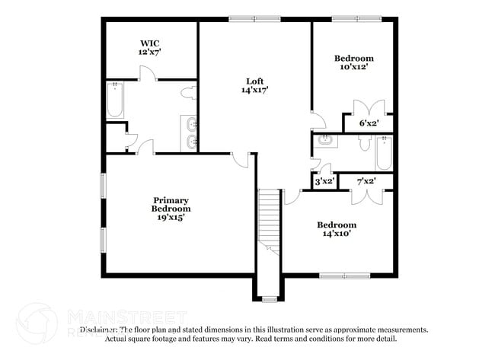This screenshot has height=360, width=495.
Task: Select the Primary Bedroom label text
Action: (x=171, y=204)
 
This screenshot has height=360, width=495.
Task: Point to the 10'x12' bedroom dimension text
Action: (x=354, y=67)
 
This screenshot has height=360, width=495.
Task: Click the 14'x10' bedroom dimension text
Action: (x=337, y=234)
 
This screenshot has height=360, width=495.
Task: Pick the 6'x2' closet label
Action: (x=359, y=122)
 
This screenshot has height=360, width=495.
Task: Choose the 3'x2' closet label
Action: (x=324, y=181)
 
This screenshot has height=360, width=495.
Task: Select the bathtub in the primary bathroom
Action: (x=115, y=100)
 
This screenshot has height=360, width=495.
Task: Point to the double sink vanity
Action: (x=190, y=133)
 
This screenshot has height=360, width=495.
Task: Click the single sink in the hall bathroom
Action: (x=325, y=139)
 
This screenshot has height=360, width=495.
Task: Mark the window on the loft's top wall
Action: (x=254, y=18)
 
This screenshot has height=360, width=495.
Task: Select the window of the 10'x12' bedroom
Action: (x=356, y=18)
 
